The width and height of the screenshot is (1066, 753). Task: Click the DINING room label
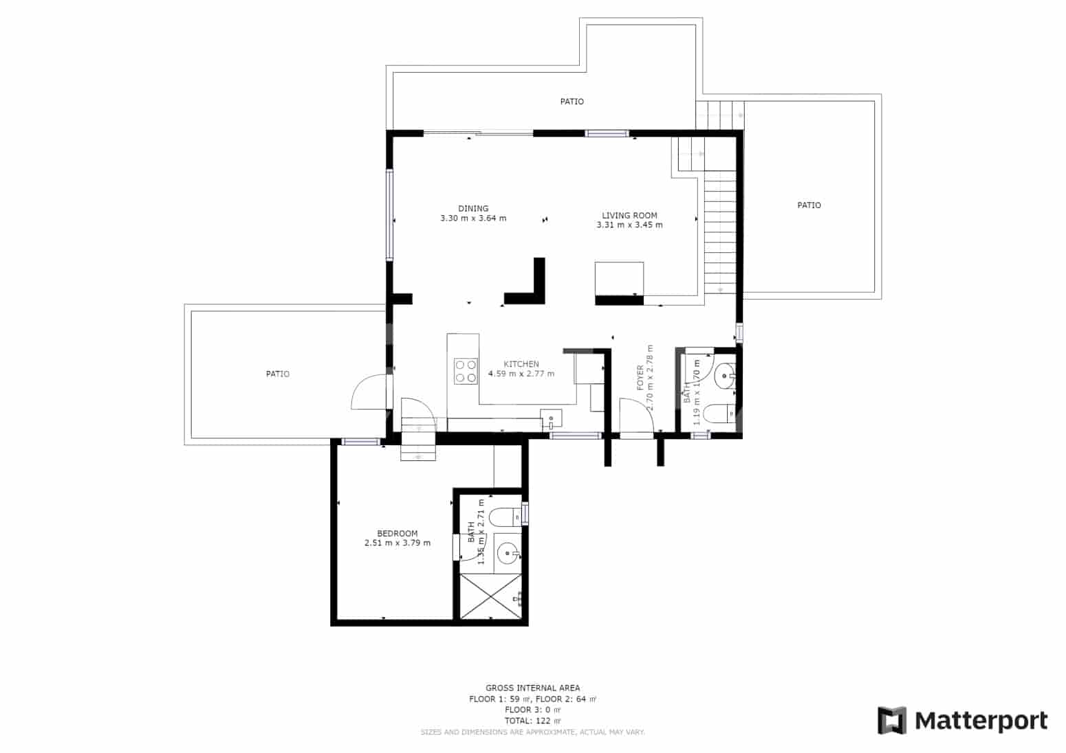click(x=473, y=208)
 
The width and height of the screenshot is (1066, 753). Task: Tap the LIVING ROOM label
click(x=629, y=215)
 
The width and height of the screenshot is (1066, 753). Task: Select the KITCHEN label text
click(x=521, y=364)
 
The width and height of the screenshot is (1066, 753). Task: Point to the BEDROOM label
click(x=397, y=533)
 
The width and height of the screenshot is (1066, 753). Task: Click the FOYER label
click(x=640, y=378)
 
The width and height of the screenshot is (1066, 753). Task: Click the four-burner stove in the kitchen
click(x=466, y=371)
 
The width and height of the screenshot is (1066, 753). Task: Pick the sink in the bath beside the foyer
click(x=724, y=376)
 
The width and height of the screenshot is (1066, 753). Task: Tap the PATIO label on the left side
click(x=278, y=374)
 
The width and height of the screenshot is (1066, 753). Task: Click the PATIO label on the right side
click(x=809, y=205)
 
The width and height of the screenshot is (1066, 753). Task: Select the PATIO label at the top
click(x=572, y=102)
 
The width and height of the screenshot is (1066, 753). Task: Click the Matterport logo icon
click(x=892, y=721)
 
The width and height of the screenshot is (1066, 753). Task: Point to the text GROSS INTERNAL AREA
click(x=532, y=688)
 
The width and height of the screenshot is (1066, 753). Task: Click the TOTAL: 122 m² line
click(x=532, y=721)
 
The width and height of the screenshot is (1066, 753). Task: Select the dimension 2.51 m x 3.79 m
click(x=397, y=543)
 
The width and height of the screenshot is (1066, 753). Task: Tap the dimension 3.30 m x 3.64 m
click(x=473, y=218)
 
